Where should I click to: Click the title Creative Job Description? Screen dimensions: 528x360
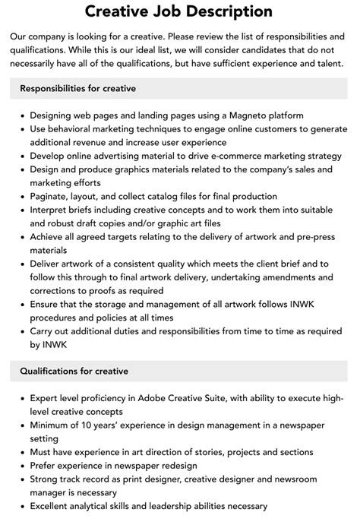pos(179,11)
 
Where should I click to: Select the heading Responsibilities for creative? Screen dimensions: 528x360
pos(78,89)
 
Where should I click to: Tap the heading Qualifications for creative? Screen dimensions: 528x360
pos(74,371)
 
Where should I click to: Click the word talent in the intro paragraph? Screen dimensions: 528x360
pos(325,64)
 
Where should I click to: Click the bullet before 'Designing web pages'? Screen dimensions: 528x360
pos(21,116)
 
